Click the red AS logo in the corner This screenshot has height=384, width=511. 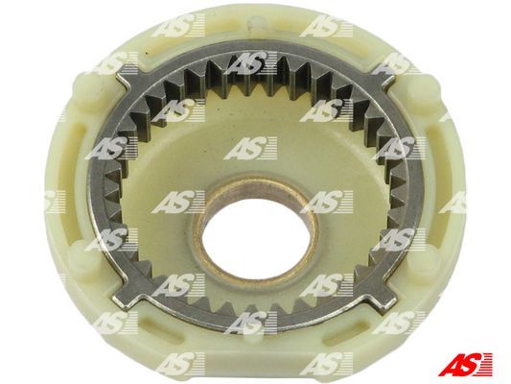pyautogui.click(x=465, y=364)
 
